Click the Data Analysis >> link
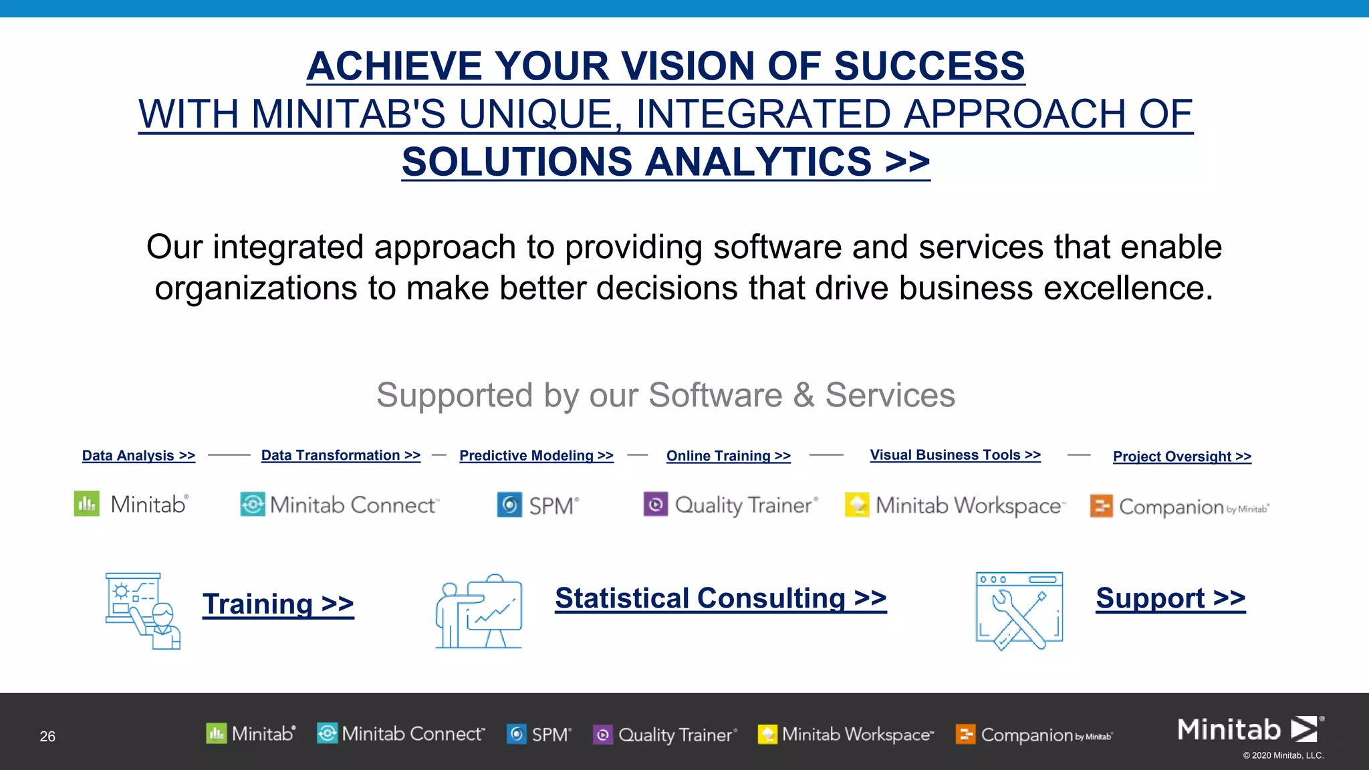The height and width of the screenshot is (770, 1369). pos(138,456)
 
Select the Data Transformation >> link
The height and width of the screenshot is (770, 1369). pos(341,455)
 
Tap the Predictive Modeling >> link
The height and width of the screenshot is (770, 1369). pos(536,456)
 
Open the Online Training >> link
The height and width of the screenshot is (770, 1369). pos(729,456)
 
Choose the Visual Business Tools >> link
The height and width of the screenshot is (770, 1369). pos(955,455)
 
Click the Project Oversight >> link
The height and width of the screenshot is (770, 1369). pos(1182,457)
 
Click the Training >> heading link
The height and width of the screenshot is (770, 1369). pos(278,604)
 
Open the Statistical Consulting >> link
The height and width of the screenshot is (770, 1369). pos(721,598)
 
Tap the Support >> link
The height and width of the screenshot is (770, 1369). pos(1170,598)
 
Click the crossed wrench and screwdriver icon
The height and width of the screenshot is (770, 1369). pos(1019,611)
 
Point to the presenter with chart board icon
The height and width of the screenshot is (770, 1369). pos(479,612)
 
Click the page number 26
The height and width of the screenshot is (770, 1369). pos(47,737)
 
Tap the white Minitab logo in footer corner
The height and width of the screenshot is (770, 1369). pos(1249,729)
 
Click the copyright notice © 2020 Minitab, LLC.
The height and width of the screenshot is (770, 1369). pos(1283,756)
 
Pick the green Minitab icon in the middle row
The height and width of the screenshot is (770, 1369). pos(86,504)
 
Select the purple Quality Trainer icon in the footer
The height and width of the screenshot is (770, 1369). pos(603,735)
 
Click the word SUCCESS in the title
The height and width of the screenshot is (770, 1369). pos(929,66)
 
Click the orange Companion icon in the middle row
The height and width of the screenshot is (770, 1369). pos(1101,506)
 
